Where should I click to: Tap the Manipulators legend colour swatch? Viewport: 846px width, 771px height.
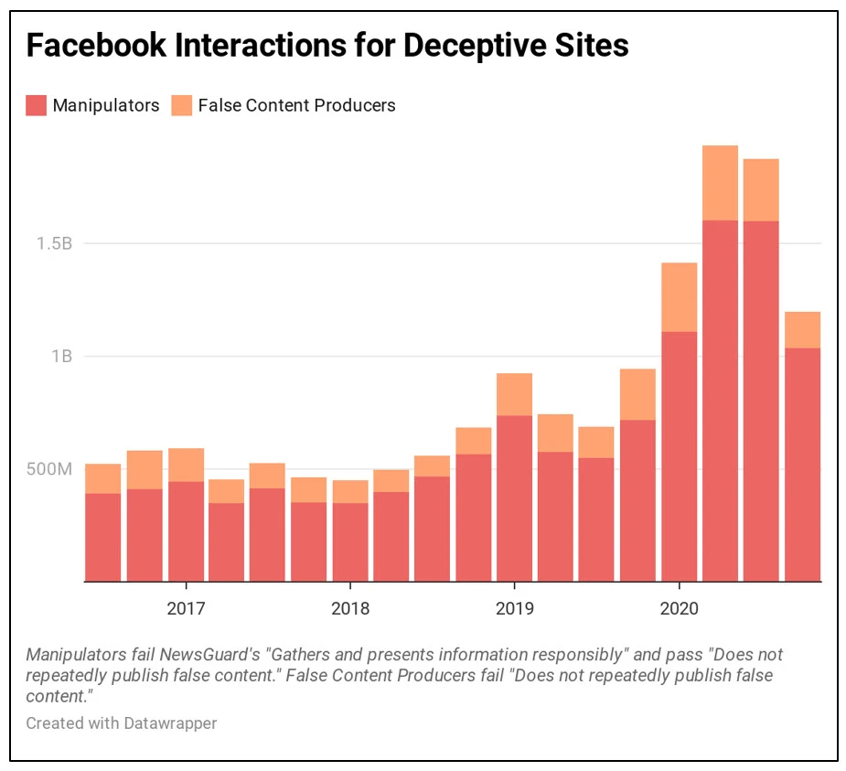pos(36,105)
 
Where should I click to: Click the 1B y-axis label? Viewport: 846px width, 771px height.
pos(60,356)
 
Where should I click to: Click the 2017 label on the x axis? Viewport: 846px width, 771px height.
pos(186,608)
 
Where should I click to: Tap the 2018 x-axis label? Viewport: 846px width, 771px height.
pos(350,608)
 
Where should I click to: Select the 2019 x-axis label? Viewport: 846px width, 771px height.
pos(514,608)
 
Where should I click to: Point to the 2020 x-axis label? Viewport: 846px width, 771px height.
pos(679,608)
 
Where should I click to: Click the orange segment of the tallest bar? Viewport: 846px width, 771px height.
pos(720,183)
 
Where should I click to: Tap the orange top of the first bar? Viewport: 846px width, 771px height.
pos(103,478)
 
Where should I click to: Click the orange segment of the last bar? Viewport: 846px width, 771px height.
pos(802,329)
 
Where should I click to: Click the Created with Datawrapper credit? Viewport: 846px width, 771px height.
pos(122,723)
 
